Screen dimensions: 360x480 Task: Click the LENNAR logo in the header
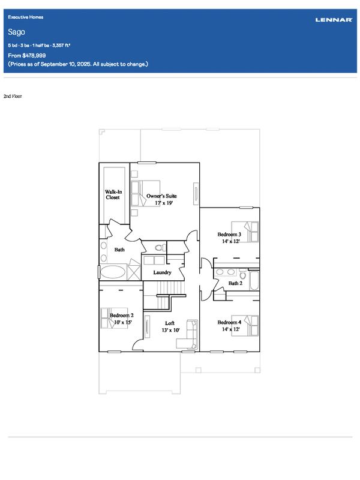point(334,20)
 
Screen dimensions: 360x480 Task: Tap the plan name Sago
point(17,32)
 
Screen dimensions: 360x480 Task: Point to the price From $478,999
point(27,55)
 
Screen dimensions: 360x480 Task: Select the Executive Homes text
point(26,17)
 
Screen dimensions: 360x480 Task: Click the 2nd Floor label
point(13,96)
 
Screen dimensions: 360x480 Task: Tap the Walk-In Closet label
point(113,194)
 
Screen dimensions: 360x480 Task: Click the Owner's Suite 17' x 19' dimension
point(164,203)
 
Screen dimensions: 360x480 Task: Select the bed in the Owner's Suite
point(145,193)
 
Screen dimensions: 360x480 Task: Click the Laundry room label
point(162,272)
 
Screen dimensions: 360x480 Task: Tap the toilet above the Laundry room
point(160,247)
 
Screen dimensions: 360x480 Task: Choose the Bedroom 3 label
point(229,235)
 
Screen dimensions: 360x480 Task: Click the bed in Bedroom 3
point(245,232)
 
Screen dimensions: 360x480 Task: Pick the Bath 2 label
point(235,283)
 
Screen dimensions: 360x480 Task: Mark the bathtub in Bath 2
point(254,280)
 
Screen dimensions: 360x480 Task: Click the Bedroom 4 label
point(229,322)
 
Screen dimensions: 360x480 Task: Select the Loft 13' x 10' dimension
point(170,331)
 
